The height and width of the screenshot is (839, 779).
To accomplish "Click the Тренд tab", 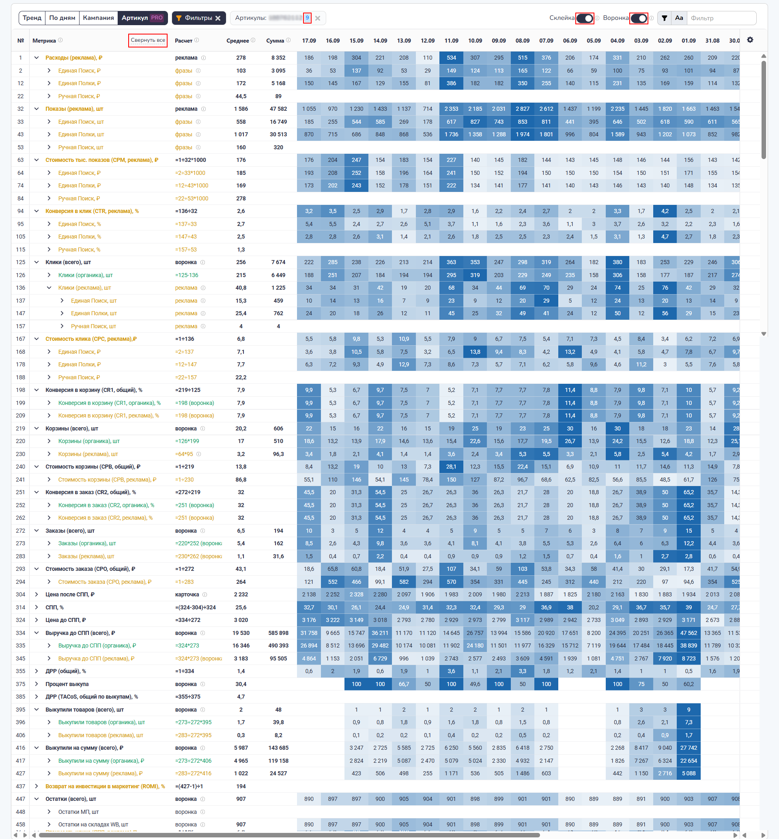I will (32, 18).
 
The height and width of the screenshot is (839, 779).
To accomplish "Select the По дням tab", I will (62, 18).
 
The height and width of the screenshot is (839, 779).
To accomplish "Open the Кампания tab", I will (98, 18).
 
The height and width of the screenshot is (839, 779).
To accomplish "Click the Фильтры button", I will (198, 18).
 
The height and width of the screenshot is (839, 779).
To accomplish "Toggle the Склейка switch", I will (584, 19).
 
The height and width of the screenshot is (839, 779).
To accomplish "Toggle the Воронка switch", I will (638, 19).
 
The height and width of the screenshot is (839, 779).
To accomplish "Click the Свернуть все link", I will (148, 41).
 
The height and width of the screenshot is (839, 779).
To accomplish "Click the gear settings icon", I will (750, 40).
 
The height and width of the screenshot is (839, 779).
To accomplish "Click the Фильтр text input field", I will (721, 18).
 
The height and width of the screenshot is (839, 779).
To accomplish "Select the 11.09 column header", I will (451, 41).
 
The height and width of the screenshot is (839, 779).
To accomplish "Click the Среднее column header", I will (237, 41).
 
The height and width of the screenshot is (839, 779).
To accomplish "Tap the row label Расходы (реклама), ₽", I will (74, 58).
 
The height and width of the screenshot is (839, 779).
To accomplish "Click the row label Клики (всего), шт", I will (68, 262).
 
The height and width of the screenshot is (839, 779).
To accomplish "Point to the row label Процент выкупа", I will (67, 684).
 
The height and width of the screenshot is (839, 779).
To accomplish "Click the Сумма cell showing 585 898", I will (278, 633).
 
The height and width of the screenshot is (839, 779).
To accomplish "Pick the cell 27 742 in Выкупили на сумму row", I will (689, 747).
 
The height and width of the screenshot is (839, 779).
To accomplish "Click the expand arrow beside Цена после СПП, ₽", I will (37, 594).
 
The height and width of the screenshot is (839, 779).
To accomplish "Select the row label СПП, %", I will (54, 607).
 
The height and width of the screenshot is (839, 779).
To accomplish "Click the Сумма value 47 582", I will (278, 109).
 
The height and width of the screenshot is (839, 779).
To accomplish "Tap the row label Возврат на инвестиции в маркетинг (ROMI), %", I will (105, 786).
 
